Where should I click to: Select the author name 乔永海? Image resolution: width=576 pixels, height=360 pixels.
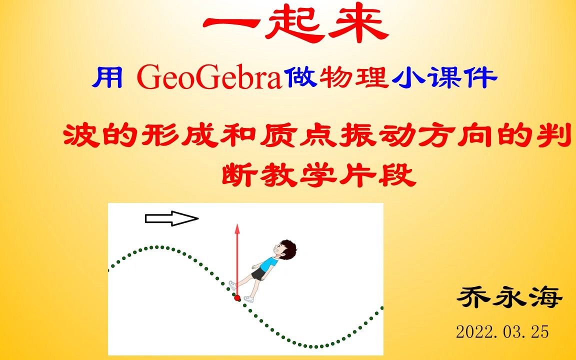tap(510, 299)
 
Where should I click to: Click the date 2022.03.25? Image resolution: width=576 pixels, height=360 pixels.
tap(502, 331)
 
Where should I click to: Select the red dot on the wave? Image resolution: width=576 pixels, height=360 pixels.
tap(237, 298)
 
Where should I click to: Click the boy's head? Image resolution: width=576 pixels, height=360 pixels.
tap(284, 248)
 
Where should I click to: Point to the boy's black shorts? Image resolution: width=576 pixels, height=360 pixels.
tap(258, 274)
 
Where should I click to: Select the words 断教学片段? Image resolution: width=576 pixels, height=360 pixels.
tap(320, 174)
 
